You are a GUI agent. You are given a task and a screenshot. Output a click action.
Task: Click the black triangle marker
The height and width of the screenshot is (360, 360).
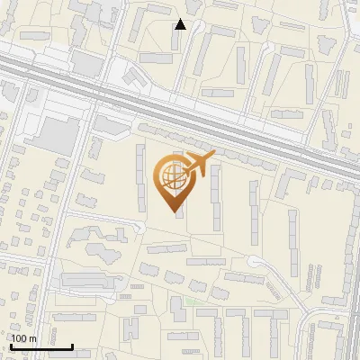[181, 24]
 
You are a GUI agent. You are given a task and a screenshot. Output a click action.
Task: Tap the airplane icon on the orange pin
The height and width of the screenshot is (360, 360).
[198, 165]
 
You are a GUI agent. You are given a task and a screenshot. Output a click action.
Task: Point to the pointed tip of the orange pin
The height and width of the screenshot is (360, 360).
[175, 212]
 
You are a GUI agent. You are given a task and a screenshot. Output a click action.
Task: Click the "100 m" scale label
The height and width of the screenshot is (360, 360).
[23, 338]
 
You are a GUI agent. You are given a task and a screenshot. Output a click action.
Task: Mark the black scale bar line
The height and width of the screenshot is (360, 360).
[41, 346]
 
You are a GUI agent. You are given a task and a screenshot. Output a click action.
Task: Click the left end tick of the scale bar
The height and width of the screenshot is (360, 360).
[11, 345]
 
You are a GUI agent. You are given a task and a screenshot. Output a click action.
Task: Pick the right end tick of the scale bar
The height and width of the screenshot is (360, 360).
[72, 345]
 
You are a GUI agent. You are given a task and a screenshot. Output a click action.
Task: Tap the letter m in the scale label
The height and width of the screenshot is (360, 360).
[32, 338]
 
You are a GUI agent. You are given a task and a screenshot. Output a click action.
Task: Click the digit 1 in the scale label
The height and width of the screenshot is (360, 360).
[13, 338]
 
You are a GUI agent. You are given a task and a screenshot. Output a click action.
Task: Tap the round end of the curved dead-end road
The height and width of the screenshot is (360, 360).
[255, 264]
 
